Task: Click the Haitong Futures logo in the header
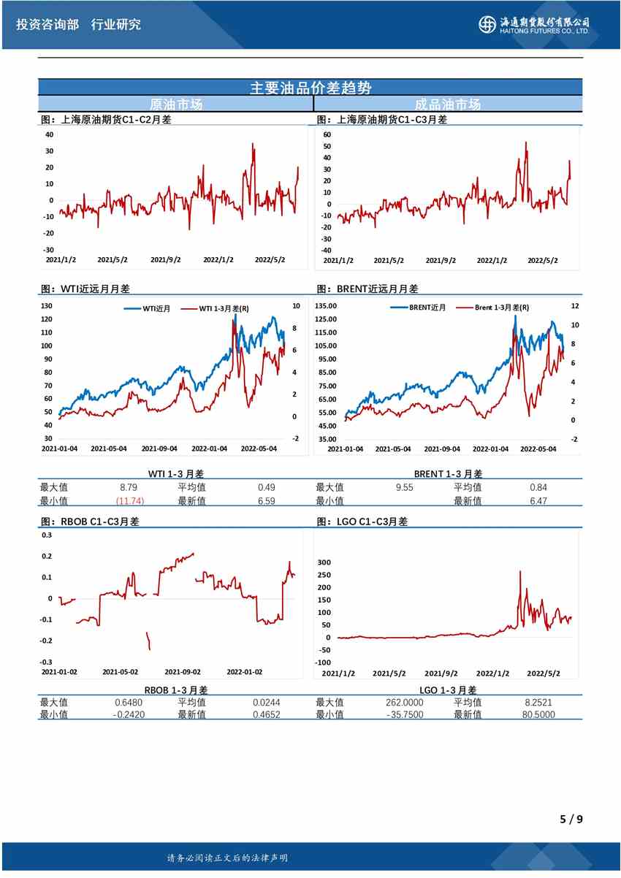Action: coord(534,24)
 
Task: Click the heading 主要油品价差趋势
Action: coord(310,88)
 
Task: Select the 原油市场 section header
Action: coord(175,104)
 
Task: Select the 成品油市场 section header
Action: coord(447,104)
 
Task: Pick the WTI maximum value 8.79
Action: coord(129,487)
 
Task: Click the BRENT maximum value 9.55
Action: coord(404,487)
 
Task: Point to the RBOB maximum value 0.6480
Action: coord(127,702)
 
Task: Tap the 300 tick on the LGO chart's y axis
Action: coord(323,562)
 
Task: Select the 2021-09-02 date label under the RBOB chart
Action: coord(183,671)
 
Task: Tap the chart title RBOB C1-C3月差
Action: coord(91,522)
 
